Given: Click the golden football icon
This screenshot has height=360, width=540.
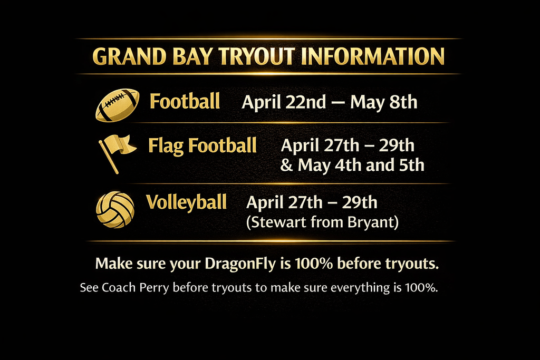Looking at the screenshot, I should [117, 104].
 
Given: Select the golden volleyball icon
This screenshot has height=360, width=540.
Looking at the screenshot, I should [115, 209].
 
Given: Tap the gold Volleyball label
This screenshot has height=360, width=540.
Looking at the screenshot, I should [186, 202].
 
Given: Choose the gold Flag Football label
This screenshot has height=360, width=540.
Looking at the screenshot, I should [202, 145].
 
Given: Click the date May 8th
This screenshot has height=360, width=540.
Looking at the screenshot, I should [383, 102].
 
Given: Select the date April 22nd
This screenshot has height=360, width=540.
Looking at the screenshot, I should [284, 102].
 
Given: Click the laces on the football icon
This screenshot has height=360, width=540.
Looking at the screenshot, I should [117, 99].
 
